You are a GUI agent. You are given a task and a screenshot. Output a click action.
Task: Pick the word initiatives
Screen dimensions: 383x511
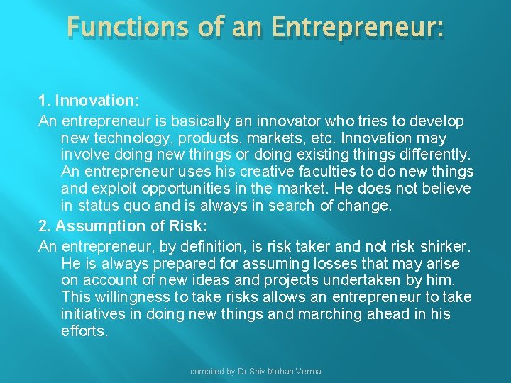[x=94, y=313]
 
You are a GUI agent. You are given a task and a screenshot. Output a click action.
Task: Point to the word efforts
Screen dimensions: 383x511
[x=84, y=331]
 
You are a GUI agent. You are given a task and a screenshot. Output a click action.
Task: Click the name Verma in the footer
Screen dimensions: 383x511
[x=306, y=372]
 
